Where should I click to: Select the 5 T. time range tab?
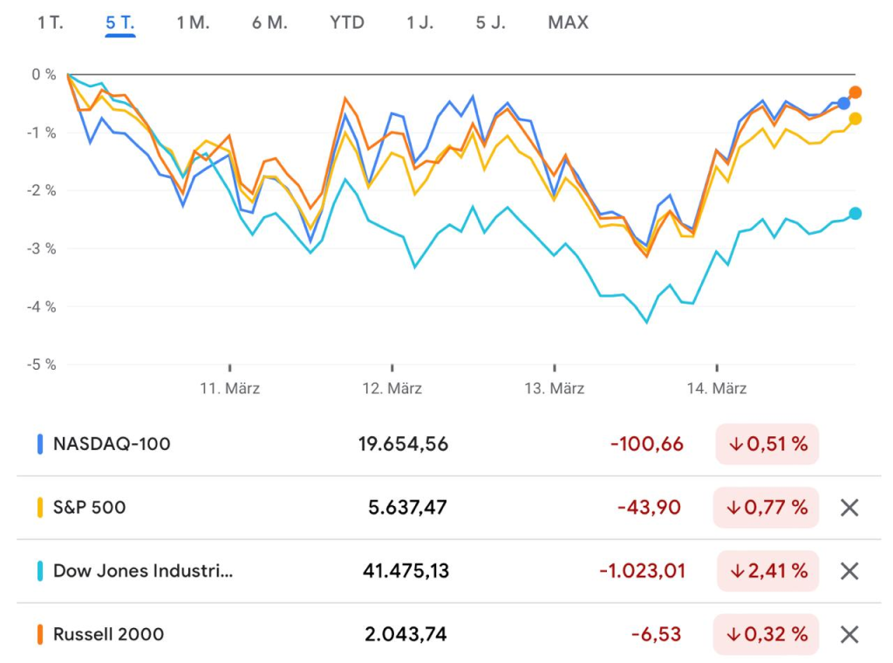120,23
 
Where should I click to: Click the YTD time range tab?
347,23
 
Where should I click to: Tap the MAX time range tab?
568,23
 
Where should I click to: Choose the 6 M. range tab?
269,23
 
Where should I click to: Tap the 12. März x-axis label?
392,388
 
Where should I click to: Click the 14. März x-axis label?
717,388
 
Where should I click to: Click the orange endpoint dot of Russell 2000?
856,92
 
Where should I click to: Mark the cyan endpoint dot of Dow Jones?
856,214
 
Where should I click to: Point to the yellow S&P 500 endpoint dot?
856,119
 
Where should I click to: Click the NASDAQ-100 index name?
112,444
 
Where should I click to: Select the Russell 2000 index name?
108,634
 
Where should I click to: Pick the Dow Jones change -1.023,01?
642,571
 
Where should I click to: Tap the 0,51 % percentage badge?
767,444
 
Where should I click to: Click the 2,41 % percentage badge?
767,571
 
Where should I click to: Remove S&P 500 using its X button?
849,508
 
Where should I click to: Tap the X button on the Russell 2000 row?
849,634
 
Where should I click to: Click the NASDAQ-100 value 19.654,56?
403,444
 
